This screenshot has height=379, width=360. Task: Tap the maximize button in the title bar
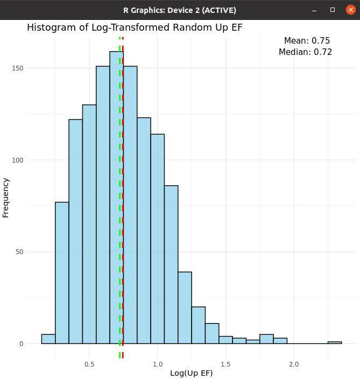[333, 10]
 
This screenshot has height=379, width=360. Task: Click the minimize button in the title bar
[316, 10]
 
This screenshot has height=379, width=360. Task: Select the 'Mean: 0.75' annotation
[307, 41]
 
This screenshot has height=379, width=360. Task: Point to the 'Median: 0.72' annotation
[305, 52]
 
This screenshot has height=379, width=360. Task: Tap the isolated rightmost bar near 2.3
[335, 342]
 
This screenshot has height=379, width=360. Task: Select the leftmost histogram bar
[48, 339]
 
